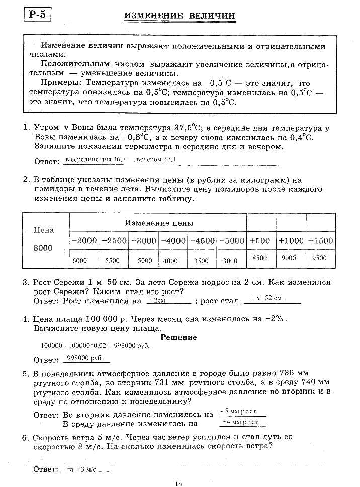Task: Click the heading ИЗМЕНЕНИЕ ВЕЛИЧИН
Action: tap(179, 16)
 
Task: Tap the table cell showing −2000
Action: tap(84, 241)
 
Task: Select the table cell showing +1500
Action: tap(320, 241)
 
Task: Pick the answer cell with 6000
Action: tap(80, 260)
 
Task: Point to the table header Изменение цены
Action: tap(159, 223)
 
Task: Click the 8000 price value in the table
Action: tap(43, 248)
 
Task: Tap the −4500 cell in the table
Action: tap(203, 241)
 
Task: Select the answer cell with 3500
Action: tap(201, 261)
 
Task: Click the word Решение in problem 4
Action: tap(178, 337)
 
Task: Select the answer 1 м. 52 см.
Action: tap(267, 298)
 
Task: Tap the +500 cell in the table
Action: tap(260, 241)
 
